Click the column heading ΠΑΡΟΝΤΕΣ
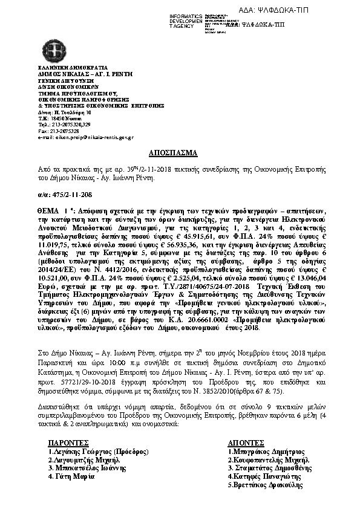click(x=70, y=443)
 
